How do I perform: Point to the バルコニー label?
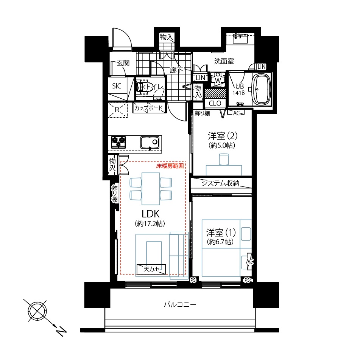(180, 304)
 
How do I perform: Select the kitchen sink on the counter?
(149, 143)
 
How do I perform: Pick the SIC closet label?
(117, 86)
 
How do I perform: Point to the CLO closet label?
(215, 103)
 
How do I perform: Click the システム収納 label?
(221, 183)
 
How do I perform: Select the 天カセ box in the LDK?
(151, 268)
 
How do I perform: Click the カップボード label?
(149, 108)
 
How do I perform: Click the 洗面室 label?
(224, 61)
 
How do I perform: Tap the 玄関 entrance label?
(123, 63)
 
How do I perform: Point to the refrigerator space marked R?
(117, 110)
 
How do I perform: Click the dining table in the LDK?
(150, 188)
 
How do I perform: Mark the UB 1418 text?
(238, 89)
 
